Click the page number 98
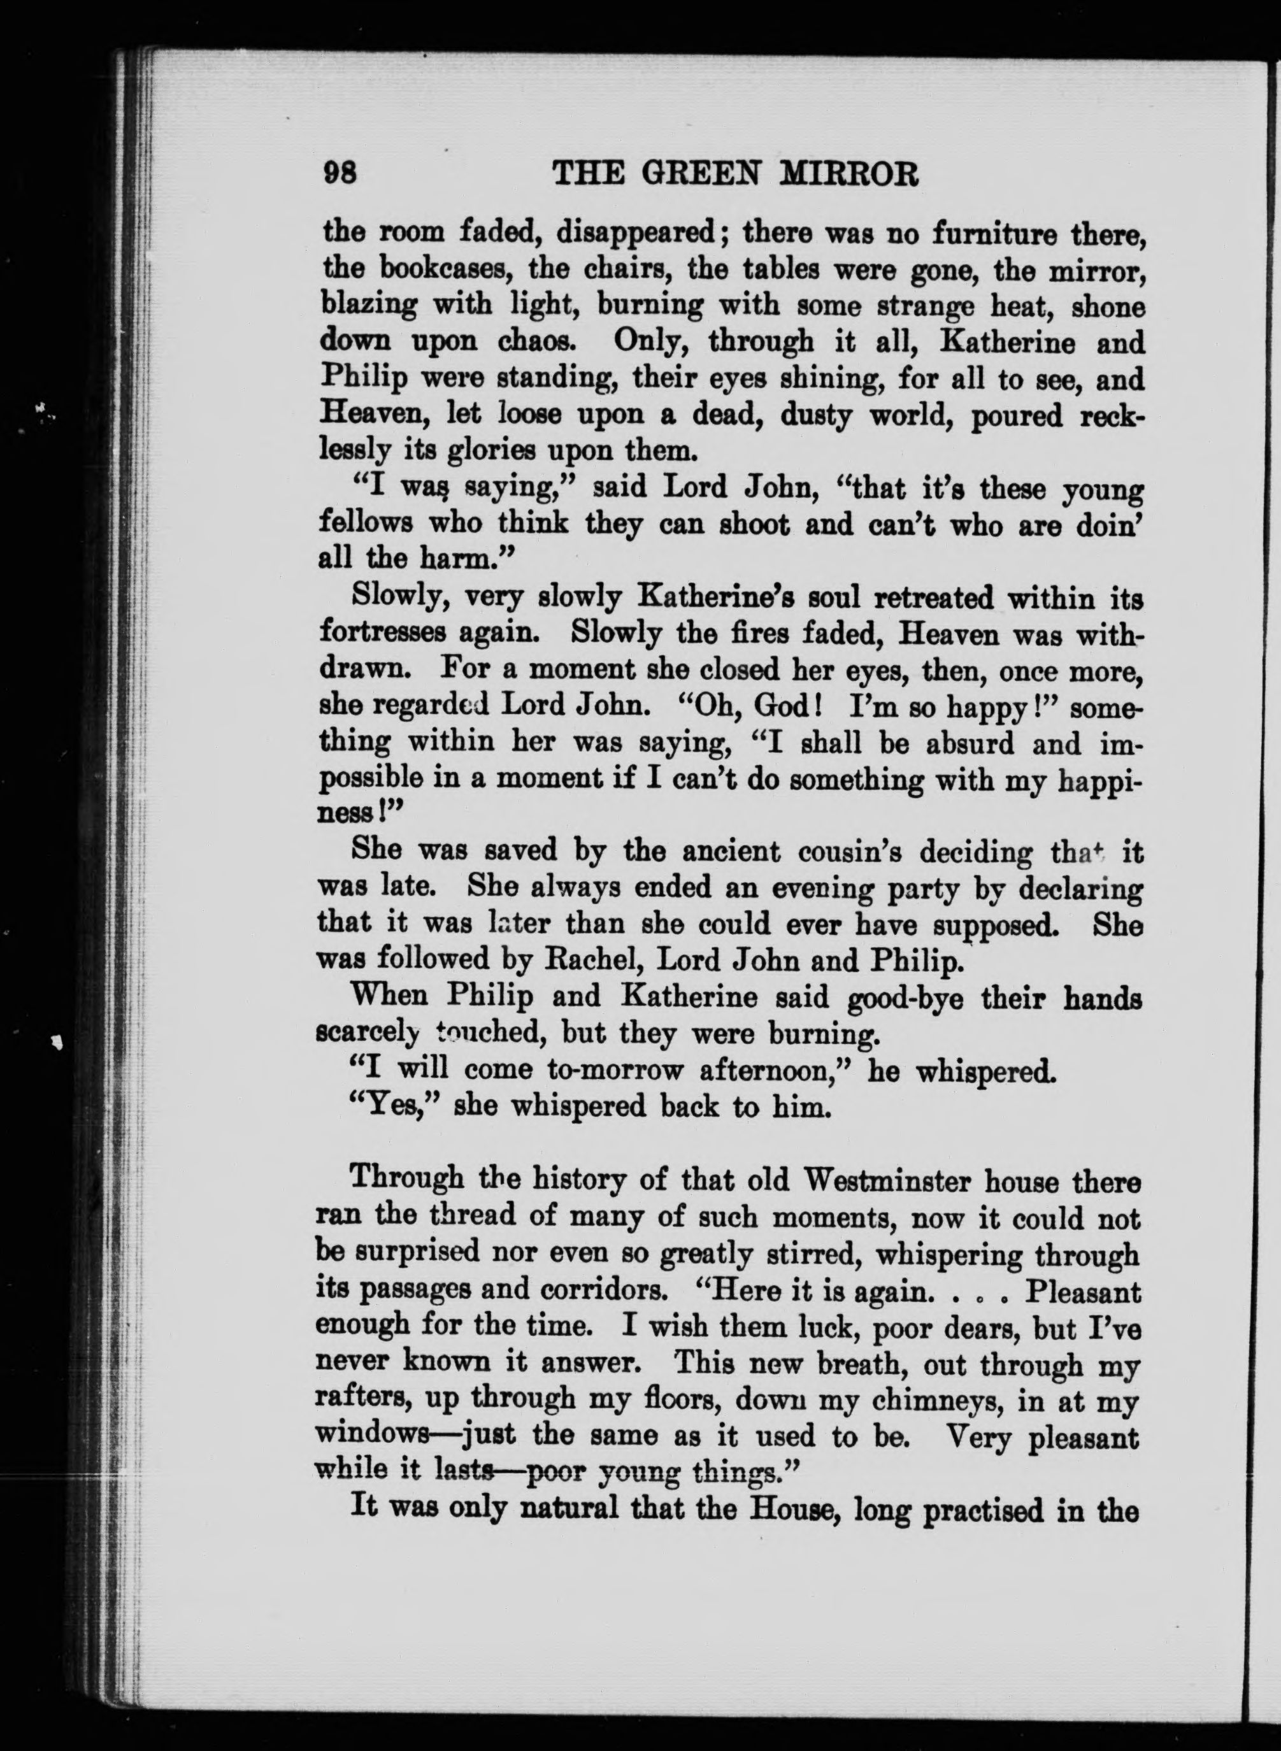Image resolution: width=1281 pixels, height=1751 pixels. pos(340,175)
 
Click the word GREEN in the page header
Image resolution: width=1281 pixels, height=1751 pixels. pos(704,175)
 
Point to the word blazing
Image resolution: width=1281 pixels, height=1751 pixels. pos(368,307)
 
